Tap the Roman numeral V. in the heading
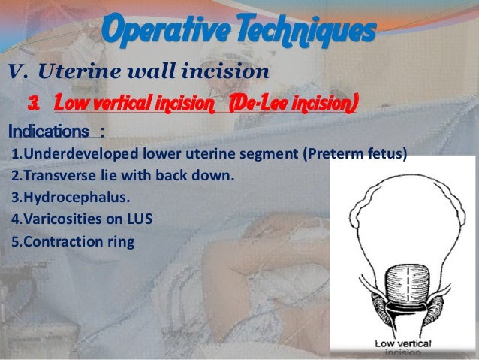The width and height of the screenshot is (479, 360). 19,72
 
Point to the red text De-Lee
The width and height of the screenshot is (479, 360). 264,101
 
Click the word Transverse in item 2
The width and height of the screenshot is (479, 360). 50,177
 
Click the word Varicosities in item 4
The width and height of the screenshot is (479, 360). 58,221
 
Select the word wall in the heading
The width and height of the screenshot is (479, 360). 142,72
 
